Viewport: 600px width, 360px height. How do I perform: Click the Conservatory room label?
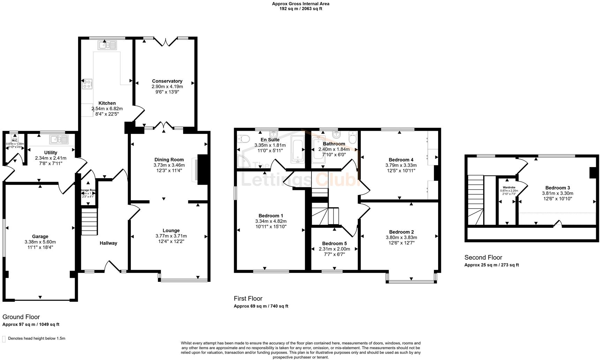point(167,81)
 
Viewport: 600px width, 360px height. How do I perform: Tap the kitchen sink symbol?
point(107,45)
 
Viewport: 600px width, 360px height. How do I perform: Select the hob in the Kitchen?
point(87,84)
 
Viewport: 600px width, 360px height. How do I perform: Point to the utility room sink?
point(59,140)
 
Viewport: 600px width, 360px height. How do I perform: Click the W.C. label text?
point(15,141)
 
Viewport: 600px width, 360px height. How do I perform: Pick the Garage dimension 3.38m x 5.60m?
point(40,242)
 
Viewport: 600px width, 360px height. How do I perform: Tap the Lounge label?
point(171,231)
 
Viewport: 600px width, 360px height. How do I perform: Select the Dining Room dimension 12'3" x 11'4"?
point(169,171)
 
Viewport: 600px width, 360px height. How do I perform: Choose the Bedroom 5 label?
point(334,243)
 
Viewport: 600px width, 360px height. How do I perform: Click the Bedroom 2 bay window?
point(411,281)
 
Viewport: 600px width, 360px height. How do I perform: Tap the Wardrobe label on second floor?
point(509,187)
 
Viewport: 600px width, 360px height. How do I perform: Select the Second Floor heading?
point(483,257)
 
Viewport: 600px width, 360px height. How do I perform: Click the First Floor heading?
point(248,298)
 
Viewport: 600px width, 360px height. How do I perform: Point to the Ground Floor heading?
point(21,317)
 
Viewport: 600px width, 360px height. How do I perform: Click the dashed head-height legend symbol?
point(4,339)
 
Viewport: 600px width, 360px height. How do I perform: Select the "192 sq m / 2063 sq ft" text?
point(300,9)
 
